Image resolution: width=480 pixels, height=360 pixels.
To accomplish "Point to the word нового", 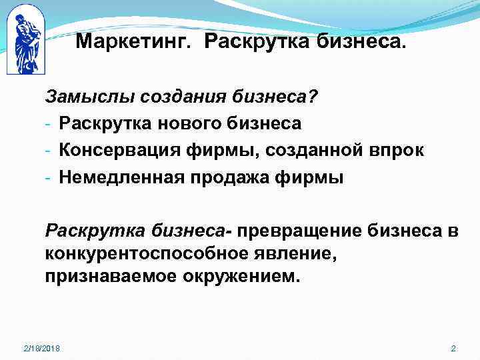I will point(176,124).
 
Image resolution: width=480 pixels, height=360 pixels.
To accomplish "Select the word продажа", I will point(234,177).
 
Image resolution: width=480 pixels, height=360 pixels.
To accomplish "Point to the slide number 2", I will point(453,349).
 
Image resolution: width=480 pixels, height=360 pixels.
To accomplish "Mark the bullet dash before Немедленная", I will point(49,178).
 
